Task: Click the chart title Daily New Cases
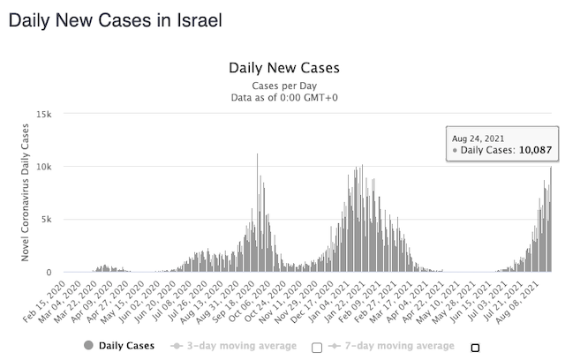coord(283,68)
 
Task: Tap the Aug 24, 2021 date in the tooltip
coord(477,139)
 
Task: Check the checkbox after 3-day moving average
coord(317,347)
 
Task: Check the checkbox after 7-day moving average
coord(475,347)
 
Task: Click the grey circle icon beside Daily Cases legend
coord(89,346)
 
